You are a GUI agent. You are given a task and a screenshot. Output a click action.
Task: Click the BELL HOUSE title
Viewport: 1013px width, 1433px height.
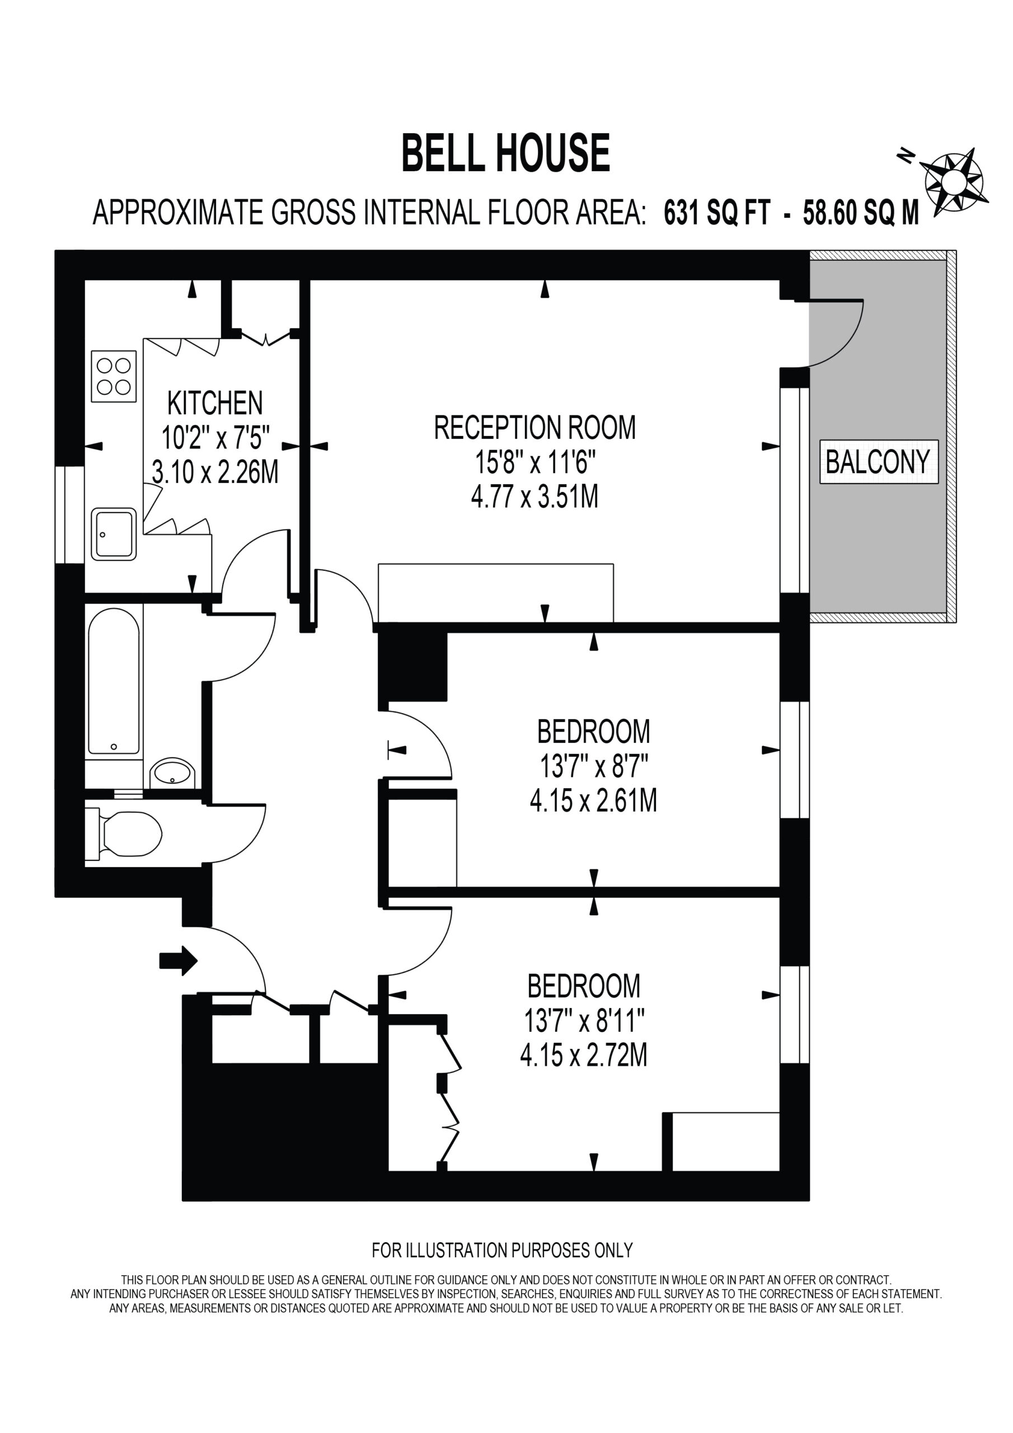click(x=505, y=153)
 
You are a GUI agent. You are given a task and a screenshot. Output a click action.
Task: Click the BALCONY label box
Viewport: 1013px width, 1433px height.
click(x=879, y=462)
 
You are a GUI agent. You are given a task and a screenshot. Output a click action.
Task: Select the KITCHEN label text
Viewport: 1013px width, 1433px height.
click(x=215, y=403)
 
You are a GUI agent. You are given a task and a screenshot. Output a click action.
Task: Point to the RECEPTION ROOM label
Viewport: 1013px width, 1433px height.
click(x=535, y=428)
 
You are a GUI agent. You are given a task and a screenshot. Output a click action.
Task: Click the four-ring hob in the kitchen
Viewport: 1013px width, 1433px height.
click(x=114, y=376)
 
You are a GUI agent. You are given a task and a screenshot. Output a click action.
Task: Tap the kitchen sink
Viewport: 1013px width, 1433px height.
click(x=114, y=534)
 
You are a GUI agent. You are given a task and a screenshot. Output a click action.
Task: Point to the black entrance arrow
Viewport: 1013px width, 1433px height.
click(x=179, y=960)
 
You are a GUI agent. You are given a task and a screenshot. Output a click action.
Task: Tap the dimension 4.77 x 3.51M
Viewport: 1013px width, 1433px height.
click(x=535, y=498)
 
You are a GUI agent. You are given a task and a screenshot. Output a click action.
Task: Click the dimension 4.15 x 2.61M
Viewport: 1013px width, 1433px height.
click(x=594, y=801)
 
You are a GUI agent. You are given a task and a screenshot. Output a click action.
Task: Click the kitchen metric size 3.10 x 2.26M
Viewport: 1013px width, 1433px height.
click(x=215, y=472)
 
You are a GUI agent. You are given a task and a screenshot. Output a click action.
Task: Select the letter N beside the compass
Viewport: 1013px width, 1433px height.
click(x=906, y=156)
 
